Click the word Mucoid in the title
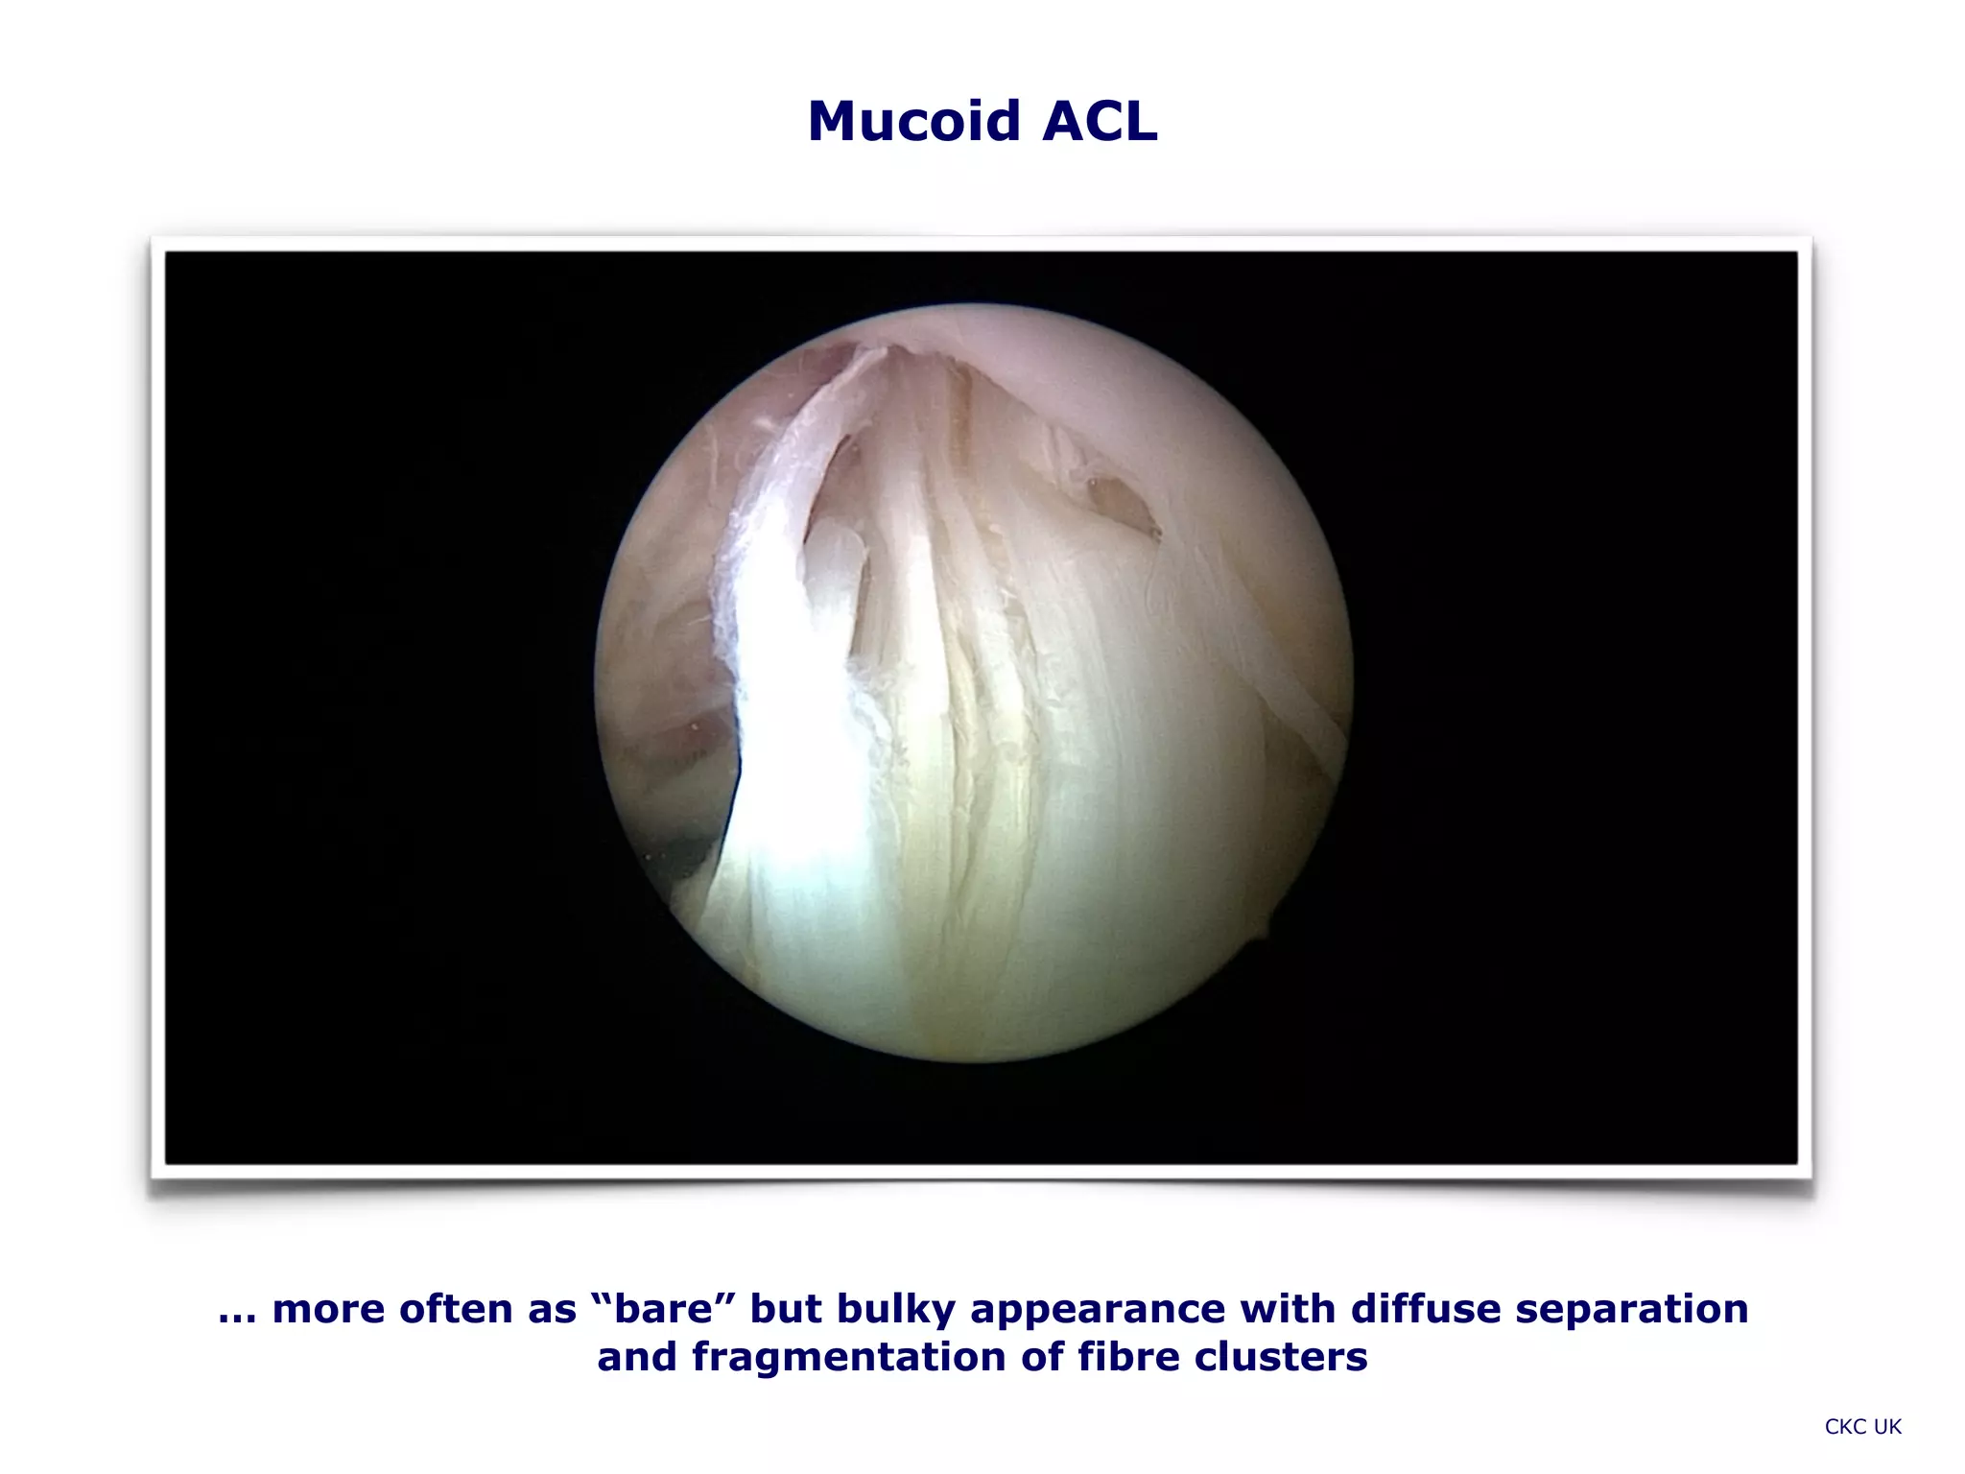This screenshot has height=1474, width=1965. pos(911,122)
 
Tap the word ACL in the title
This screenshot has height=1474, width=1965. pos(1100,122)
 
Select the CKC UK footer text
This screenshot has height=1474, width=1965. pos(1862,1427)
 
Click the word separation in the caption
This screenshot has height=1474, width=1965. pos(1632,1310)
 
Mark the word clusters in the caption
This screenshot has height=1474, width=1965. pos(1281,1358)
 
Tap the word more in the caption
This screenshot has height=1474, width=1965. pos(328,1310)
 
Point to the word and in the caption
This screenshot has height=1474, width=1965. pos(638,1358)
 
